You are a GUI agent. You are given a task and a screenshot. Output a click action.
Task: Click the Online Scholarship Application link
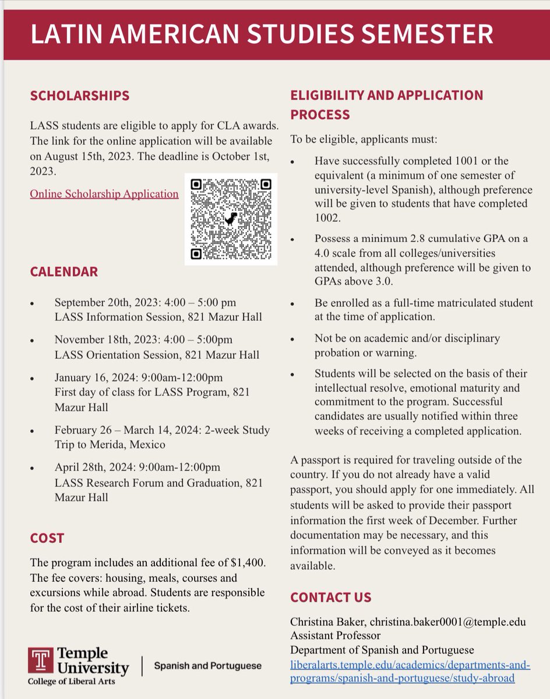104,194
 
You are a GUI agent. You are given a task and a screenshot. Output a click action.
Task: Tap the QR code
231,218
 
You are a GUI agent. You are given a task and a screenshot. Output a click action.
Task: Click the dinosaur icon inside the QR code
231,219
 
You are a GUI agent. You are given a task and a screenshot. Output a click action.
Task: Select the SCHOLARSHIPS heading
80,96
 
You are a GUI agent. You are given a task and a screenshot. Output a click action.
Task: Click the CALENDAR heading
64,271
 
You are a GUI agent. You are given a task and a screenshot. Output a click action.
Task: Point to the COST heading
47,538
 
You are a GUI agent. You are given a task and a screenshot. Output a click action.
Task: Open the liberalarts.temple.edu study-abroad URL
410,671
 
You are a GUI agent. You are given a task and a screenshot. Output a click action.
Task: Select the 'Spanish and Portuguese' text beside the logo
207,665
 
